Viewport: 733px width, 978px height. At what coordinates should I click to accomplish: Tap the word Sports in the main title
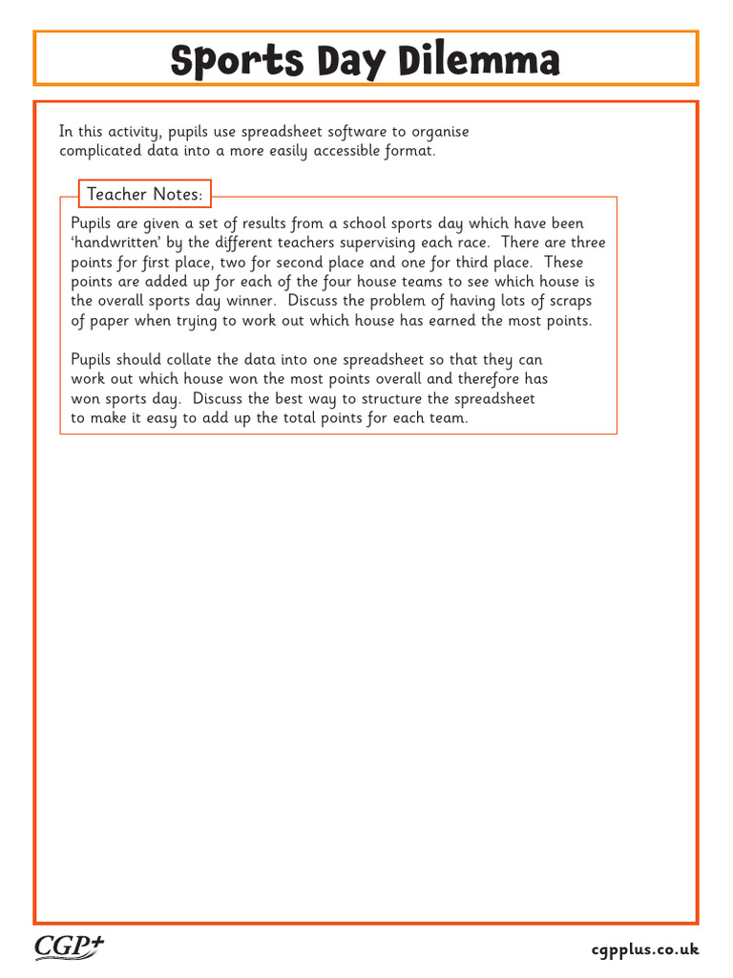[x=222, y=61]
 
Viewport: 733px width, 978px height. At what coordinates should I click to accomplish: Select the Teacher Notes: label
[x=145, y=194]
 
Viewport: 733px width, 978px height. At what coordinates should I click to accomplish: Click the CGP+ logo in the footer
[x=70, y=946]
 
